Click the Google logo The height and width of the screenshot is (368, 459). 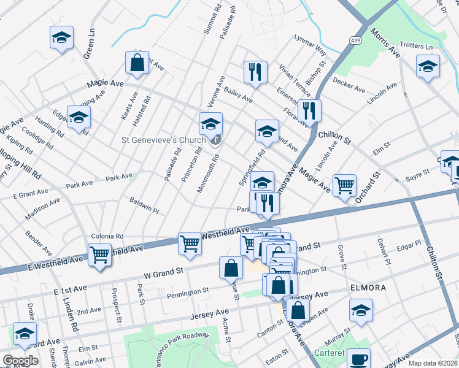[x=20, y=361]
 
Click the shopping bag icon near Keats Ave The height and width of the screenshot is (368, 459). [x=137, y=63]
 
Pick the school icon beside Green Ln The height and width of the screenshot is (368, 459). [x=61, y=38]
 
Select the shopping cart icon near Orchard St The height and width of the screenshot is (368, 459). [x=344, y=185]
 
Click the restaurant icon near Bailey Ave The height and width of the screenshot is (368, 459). [x=255, y=72]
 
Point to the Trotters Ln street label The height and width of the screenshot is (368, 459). [x=416, y=47]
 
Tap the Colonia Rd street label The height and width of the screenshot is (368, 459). [x=107, y=236]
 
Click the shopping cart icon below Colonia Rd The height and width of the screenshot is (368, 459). [x=99, y=255]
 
